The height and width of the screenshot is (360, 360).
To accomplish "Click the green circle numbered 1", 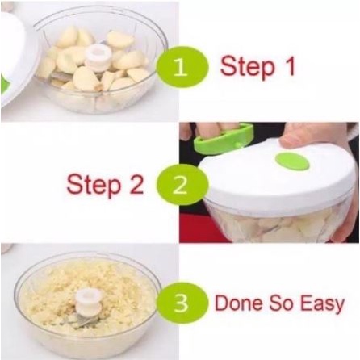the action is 182,67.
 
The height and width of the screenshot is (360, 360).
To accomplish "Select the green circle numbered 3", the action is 182,303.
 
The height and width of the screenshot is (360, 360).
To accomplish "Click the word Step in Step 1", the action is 247,67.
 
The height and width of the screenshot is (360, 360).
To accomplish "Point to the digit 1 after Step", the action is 289,65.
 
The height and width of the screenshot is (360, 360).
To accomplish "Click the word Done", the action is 239,303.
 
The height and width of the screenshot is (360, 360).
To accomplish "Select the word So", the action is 281,303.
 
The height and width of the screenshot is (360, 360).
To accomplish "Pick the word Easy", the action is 322,304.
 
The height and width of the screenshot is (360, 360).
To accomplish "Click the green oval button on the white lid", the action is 292,161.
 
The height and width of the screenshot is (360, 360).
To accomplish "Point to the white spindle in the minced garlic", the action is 87,300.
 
